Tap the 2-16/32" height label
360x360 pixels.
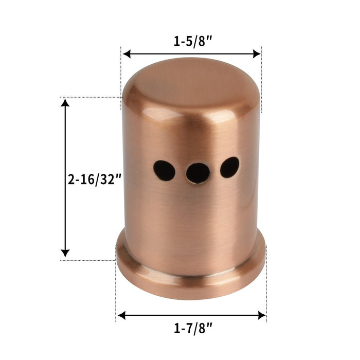pos(95,179)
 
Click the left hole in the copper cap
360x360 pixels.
pos(164,170)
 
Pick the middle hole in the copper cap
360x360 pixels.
pos(197,173)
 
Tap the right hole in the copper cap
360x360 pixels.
pos(229,167)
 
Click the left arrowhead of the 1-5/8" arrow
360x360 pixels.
pos(127,53)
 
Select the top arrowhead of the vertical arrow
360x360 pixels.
pos(65,103)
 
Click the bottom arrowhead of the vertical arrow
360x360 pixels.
pos(65,253)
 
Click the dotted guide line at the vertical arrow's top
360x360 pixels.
pos(93,97)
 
